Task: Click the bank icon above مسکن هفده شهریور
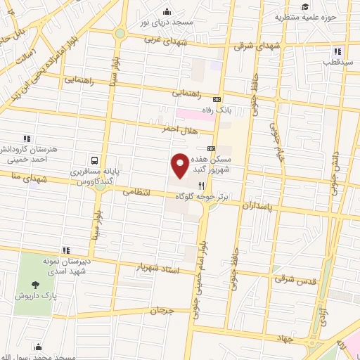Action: click(211, 148)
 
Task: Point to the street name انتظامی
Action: click(138, 192)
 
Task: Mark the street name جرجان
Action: click(161, 310)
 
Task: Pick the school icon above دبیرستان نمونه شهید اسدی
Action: click(66, 250)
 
